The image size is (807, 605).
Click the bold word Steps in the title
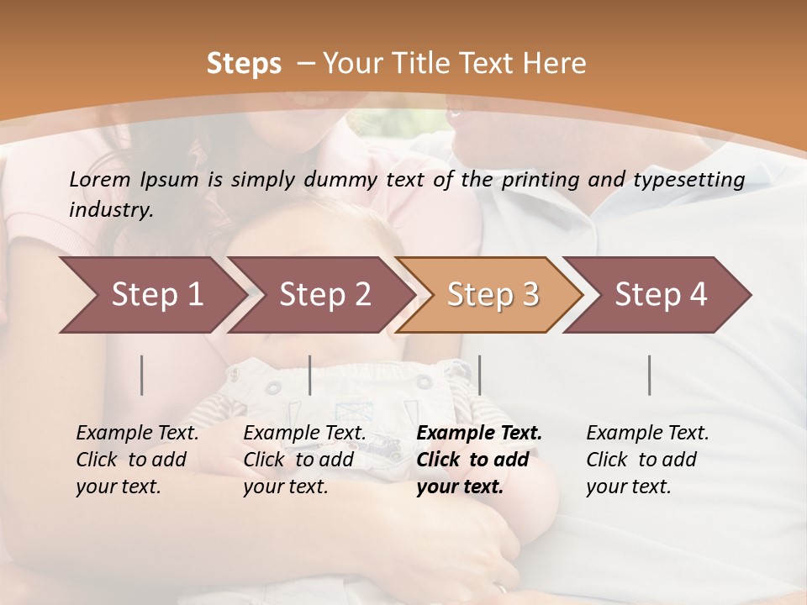[x=244, y=64]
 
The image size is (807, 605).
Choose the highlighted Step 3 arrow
[x=493, y=295]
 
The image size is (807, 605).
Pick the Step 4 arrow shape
[x=661, y=295]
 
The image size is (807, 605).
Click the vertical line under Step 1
[x=142, y=375]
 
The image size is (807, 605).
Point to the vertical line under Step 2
[x=310, y=375]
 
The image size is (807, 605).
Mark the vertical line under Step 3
[x=479, y=375]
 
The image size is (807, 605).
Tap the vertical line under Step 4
[x=649, y=375]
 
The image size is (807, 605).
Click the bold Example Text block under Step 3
[x=479, y=460]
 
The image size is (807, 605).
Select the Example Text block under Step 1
[x=137, y=460]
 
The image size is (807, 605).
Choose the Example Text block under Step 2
[x=304, y=460]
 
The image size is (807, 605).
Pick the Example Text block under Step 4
[x=647, y=460]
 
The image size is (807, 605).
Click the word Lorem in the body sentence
[x=99, y=179]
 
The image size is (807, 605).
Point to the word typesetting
[x=694, y=180]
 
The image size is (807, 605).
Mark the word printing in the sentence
[x=536, y=180]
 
